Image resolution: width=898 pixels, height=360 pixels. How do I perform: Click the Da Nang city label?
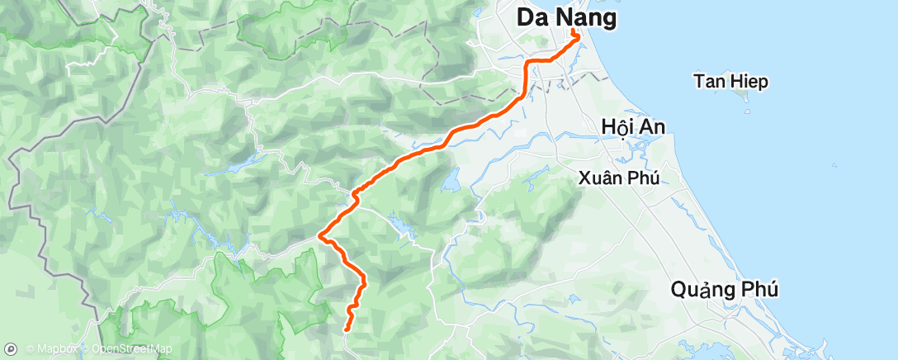coord(566,17)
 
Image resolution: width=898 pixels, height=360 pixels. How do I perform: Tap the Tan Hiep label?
coord(730,81)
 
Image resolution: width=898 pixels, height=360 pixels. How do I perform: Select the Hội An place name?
coord(634,126)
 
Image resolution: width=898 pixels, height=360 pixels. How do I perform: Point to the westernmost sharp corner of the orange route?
coord(320,237)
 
